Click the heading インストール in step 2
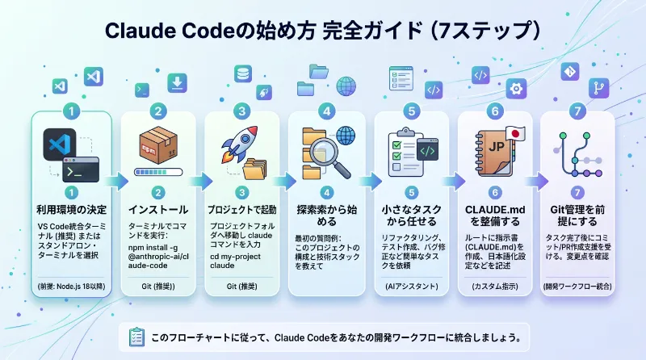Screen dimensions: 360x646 click(x=157, y=209)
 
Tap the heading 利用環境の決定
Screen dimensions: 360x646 click(x=73, y=209)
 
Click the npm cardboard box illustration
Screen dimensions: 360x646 click(x=157, y=149)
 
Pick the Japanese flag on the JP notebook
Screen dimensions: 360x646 click(x=515, y=133)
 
